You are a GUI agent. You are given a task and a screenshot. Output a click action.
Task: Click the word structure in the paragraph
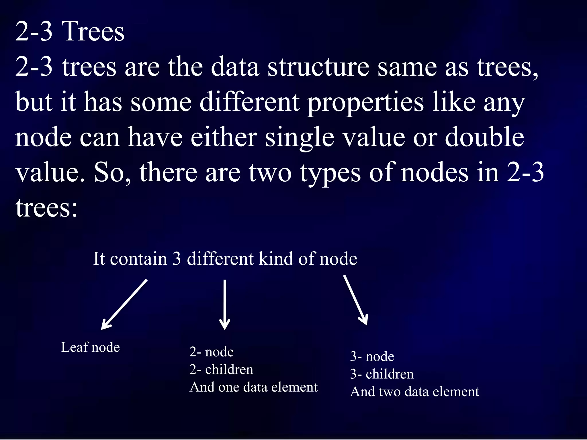[318, 67]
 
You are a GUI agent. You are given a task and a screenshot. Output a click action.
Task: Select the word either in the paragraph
[224, 137]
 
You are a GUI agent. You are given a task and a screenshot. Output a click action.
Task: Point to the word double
[484, 137]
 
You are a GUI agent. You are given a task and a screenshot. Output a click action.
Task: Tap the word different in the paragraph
[249, 102]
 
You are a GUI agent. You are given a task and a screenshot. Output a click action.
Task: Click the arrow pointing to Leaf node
[124, 305]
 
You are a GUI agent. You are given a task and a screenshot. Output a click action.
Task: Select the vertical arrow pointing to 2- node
[225, 305]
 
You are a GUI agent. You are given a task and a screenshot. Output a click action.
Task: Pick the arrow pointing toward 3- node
[355, 300]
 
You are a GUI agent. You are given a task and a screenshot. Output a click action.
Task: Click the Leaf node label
[90, 347]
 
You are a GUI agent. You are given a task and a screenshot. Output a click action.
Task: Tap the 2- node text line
[212, 352]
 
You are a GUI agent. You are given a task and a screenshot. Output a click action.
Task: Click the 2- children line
[221, 370]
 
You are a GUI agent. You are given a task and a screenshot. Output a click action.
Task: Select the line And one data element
[253, 387]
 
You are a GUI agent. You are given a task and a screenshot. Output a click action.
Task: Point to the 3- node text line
[372, 357]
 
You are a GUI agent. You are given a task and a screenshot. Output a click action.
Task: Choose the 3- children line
[382, 374]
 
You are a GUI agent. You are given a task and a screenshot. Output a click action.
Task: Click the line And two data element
[414, 392]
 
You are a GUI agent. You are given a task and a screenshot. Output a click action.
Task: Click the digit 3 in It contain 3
[177, 259]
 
